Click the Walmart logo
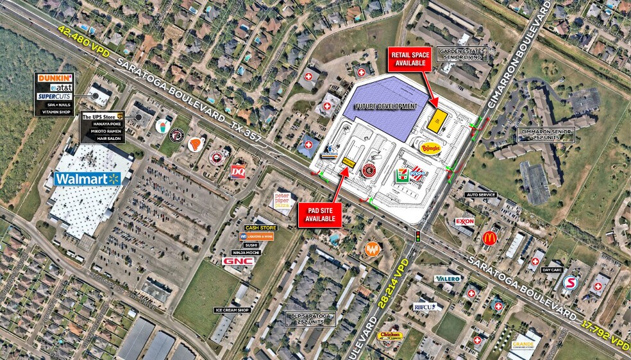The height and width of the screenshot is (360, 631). pyautogui.click(x=88, y=178)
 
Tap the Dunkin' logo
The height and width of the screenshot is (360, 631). pyautogui.click(x=55, y=78)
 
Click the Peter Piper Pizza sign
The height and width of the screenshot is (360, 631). pyautogui.click(x=282, y=200)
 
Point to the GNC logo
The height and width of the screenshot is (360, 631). pyautogui.click(x=238, y=261)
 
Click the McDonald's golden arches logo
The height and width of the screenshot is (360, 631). pyautogui.click(x=491, y=238)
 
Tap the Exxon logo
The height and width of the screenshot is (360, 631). pyautogui.click(x=464, y=221)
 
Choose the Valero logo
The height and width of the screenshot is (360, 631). pyautogui.click(x=448, y=279)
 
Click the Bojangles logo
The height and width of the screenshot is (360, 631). pyautogui.click(x=432, y=148)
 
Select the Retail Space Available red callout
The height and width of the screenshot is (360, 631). pyautogui.click(x=410, y=59)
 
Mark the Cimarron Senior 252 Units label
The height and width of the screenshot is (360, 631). pyautogui.click(x=546, y=133)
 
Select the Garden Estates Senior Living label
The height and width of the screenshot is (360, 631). pyautogui.click(x=462, y=54)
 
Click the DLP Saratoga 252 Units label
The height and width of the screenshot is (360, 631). pyautogui.click(x=312, y=318)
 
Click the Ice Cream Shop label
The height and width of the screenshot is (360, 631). pyautogui.click(x=231, y=310)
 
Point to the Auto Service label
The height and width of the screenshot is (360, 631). pyautogui.click(x=481, y=194)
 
